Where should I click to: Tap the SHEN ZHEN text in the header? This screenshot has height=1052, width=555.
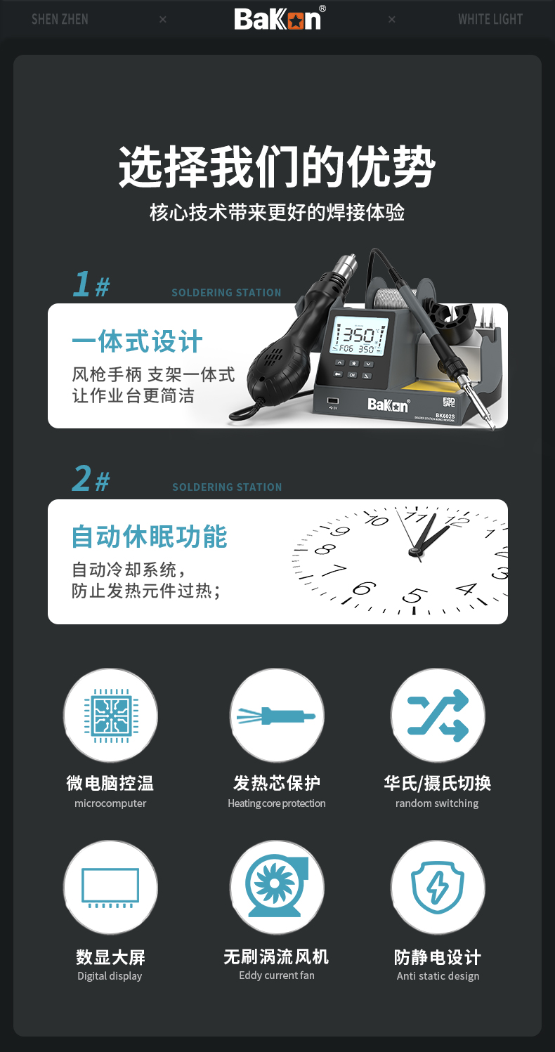60,19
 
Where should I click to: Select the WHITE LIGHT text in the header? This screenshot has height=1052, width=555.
490,19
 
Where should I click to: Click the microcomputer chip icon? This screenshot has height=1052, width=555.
111,716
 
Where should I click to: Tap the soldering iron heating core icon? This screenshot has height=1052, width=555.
276,716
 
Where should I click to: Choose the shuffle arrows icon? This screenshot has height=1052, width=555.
438,716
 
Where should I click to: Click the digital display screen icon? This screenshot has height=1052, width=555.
110,888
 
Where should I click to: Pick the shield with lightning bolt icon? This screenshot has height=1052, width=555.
438,887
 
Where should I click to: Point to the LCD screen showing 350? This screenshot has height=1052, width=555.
360,335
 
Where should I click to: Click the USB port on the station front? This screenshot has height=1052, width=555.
333,401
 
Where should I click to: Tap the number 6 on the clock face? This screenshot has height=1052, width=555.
364,588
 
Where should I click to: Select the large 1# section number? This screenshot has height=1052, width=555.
91,284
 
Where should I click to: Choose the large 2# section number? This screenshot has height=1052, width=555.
91,479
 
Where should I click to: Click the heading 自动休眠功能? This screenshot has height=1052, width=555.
150,537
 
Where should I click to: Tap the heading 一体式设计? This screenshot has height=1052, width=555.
137,341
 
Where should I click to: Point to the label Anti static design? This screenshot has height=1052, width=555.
438,976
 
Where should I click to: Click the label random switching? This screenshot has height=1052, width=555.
437,803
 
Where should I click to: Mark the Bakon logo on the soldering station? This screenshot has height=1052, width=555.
388,405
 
